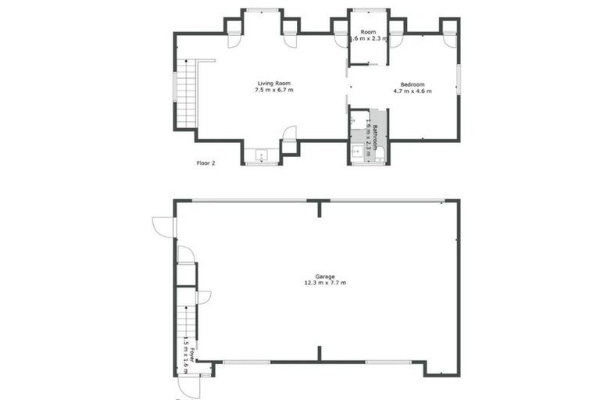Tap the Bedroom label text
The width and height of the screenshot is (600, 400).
click(412, 84)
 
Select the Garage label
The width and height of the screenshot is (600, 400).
click(325, 277)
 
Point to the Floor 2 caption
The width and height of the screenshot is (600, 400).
click(205, 163)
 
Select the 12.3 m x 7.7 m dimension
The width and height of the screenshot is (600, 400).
click(325, 284)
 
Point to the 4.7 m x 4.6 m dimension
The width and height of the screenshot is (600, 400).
click(412, 91)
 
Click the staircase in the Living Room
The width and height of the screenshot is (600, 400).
click(186, 94)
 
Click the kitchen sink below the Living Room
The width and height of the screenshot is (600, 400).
click(261, 154)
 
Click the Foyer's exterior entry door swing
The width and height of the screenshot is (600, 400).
click(188, 386)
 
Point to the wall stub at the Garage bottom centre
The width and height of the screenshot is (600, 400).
click(319, 353)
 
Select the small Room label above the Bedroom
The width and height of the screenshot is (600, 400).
click(368, 31)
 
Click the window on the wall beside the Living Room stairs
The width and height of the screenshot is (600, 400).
click(174, 87)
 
